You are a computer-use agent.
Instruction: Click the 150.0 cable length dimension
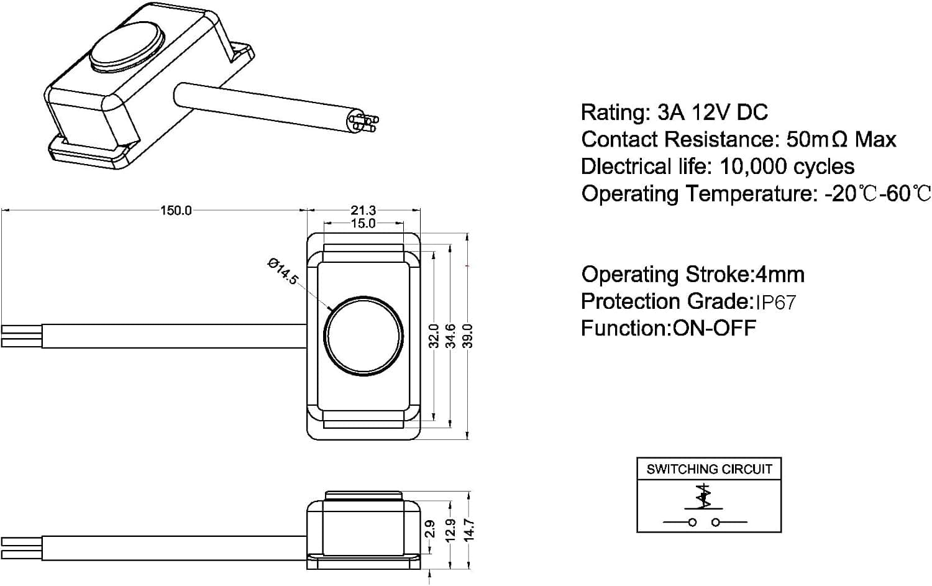176,211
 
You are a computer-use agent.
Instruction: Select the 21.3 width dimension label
363,211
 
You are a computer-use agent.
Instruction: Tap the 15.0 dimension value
363,224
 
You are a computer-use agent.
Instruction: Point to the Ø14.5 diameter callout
283,272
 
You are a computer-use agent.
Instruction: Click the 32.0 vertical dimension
434,336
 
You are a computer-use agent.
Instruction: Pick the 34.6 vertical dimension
450,336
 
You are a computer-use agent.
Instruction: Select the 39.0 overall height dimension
468,336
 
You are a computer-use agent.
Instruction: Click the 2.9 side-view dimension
431,529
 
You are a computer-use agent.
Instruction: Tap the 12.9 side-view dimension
450,531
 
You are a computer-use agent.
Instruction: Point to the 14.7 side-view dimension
469,531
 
